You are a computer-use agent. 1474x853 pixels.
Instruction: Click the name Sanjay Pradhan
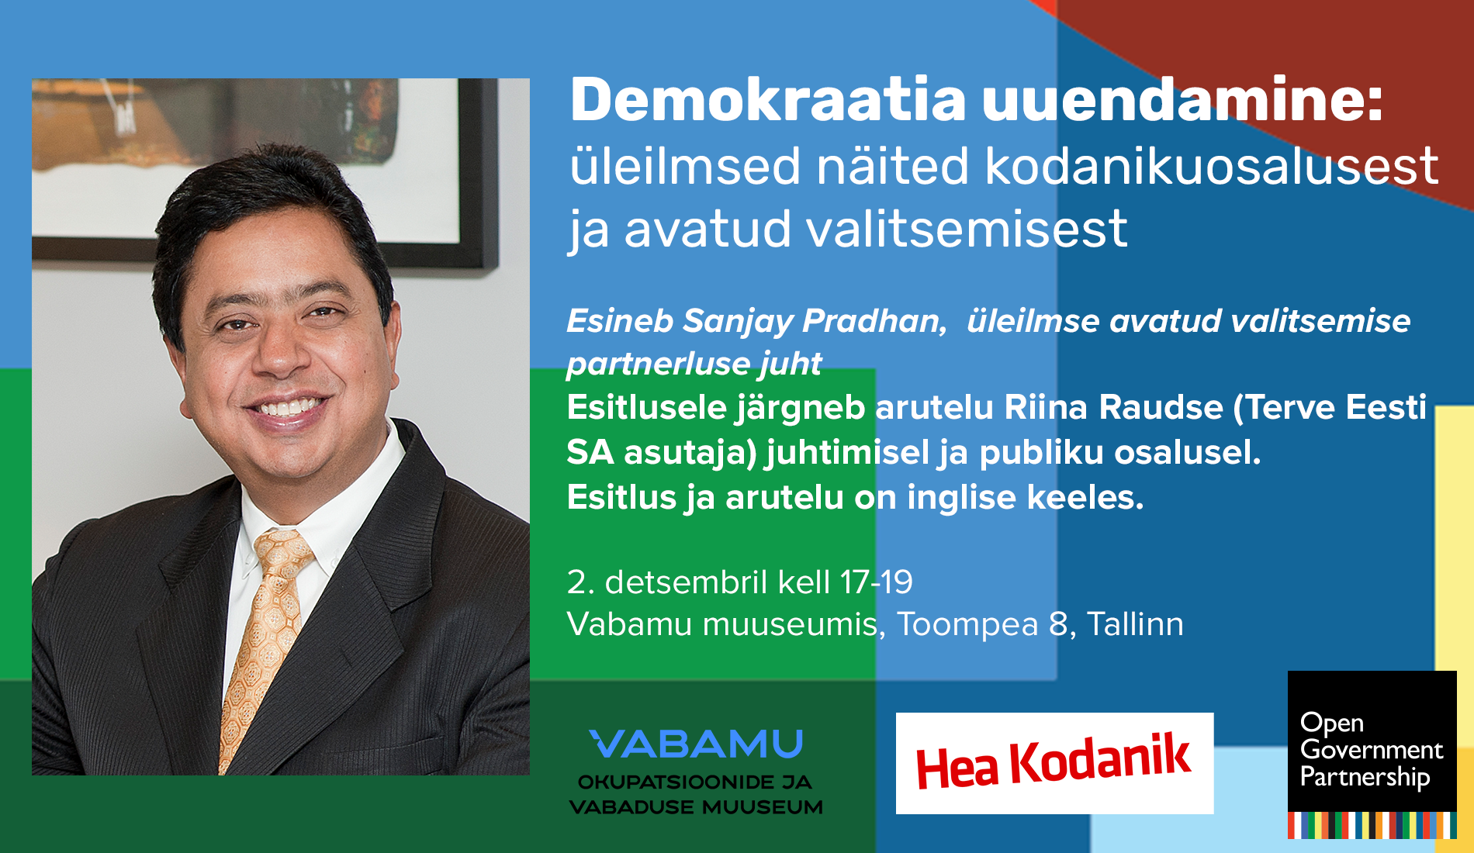click(x=814, y=321)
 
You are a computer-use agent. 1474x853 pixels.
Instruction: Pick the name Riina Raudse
click(x=1113, y=408)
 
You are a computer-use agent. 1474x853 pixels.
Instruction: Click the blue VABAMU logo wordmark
click(x=696, y=744)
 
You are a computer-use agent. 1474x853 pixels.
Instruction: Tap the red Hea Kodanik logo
click(x=1054, y=763)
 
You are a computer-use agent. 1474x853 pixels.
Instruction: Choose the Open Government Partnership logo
click(x=1372, y=754)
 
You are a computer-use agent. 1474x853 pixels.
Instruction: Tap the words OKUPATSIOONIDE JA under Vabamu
click(x=695, y=782)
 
